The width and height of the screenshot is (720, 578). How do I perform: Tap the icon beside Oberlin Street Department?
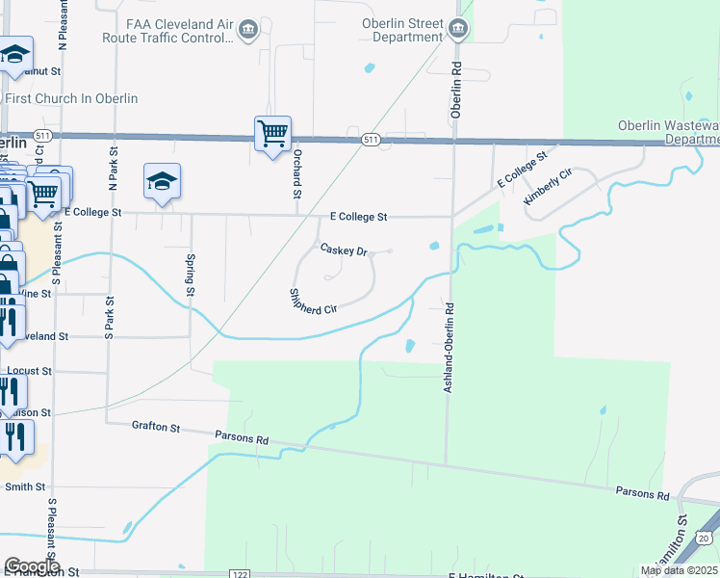tap(458, 30)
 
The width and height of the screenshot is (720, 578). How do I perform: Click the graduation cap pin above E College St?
tap(163, 181)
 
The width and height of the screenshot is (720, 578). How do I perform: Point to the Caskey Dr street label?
tap(345, 250)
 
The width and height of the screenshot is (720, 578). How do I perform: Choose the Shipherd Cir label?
tap(313, 302)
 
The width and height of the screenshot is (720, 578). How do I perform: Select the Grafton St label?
tap(156, 426)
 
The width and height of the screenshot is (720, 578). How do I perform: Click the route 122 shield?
tap(240, 574)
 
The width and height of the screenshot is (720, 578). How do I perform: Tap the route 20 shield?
tap(706, 538)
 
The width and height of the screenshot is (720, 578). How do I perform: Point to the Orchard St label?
tap(297, 168)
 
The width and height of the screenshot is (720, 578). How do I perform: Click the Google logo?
tap(32, 566)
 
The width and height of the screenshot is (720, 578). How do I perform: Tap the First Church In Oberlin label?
tap(71, 98)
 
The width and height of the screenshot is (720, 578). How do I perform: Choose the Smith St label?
tap(26, 487)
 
